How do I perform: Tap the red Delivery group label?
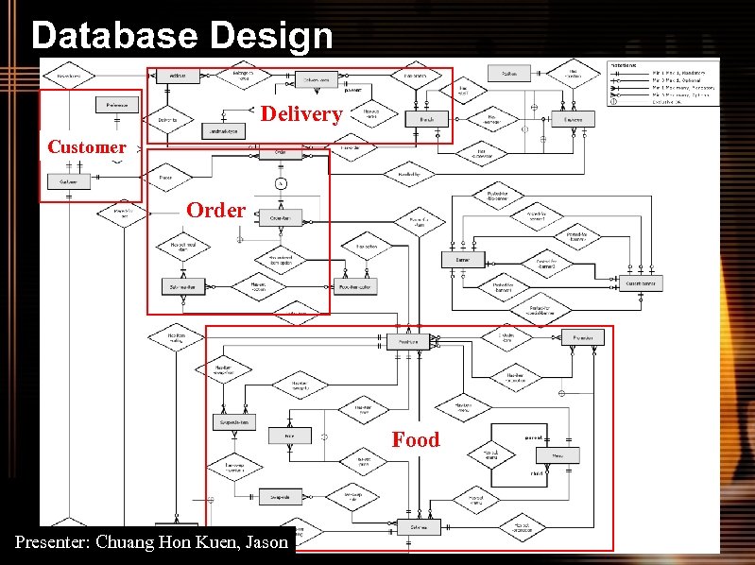click(x=300, y=114)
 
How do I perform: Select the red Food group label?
click(x=416, y=439)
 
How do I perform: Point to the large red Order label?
click(x=215, y=210)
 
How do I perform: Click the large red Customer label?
click(x=86, y=146)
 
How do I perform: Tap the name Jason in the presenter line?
click(x=266, y=542)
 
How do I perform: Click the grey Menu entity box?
click(x=558, y=455)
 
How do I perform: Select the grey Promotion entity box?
click(x=582, y=337)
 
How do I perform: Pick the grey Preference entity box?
click(x=116, y=105)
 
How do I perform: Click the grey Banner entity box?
click(x=463, y=259)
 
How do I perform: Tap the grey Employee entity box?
click(x=573, y=119)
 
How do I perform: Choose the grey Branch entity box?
click(x=426, y=119)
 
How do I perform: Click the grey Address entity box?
click(x=177, y=76)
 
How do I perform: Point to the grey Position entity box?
click(x=509, y=74)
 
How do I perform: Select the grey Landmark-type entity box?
click(x=223, y=131)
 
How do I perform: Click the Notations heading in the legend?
click(x=624, y=65)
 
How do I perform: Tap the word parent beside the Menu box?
click(x=534, y=437)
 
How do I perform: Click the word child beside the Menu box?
click(x=535, y=472)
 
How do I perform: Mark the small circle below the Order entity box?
click(x=281, y=182)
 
